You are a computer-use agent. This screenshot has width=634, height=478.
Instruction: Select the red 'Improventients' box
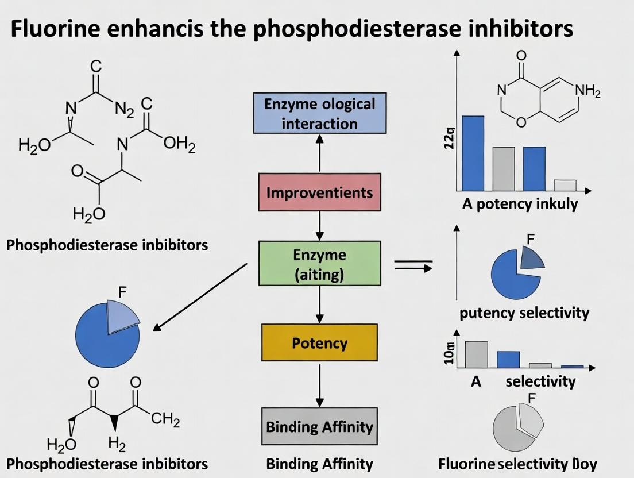[x=319, y=192]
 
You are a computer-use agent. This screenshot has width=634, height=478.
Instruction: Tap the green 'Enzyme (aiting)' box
[x=319, y=264]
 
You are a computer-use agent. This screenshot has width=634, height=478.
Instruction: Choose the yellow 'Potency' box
[x=319, y=344]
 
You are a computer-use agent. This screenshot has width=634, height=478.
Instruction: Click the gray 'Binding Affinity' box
[x=319, y=427]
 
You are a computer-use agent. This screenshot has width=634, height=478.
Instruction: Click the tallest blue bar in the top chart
[x=473, y=153]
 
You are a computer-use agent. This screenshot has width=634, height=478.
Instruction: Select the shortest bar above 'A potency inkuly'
[x=565, y=185]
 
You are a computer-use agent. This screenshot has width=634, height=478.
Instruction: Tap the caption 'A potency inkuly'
[x=520, y=204]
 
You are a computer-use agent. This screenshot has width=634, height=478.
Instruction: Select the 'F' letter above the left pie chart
[x=122, y=291]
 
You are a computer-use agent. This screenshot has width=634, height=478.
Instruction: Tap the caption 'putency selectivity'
[x=524, y=313]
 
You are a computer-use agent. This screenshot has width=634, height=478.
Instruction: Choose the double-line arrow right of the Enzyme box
[x=412, y=264]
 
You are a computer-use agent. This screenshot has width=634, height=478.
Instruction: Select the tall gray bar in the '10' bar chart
[x=476, y=354]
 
